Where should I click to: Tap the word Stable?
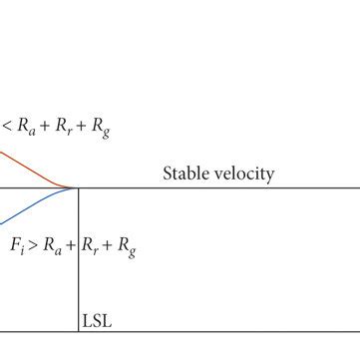point(186,174)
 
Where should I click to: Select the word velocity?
point(243,174)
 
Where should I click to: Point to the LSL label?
point(94,322)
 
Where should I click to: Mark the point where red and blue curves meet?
point(76,187)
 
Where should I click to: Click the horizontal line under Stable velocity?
point(219,187)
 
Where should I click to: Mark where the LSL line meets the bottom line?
point(78,332)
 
